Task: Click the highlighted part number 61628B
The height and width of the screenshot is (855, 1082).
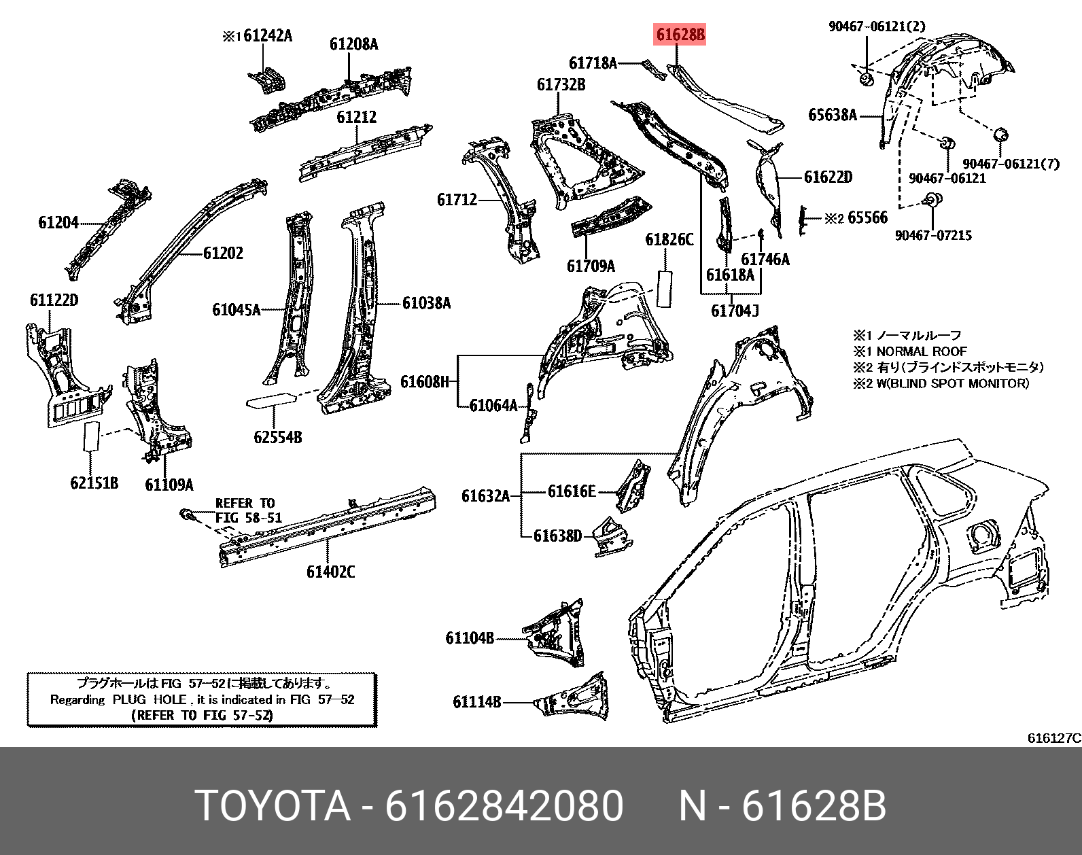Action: pos(680,34)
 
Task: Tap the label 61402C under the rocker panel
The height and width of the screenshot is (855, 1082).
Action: pos(330,572)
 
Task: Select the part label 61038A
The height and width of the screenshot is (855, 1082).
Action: pos(426,303)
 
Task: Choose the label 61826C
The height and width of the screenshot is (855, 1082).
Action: pos(669,240)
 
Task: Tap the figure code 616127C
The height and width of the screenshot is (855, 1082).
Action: pos(1053,738)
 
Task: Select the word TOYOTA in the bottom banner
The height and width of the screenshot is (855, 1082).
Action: pos(273,806)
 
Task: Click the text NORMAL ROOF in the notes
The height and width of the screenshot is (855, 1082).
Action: pos(921,351)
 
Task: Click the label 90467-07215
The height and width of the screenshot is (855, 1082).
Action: pos(933,236)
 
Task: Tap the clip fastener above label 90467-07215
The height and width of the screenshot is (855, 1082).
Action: pos(933,200)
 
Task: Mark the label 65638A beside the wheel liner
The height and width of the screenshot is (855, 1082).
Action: pos(832,115)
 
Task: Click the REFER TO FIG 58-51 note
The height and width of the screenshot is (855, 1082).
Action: pos(247,510)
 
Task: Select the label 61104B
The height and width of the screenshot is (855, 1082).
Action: pos(470,638)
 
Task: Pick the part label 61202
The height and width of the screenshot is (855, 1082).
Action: pos(223,254)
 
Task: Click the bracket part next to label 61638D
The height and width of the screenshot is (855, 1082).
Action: pos(612,536)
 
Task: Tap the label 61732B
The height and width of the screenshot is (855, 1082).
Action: pos(561,85)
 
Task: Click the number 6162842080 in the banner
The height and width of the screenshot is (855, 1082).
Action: pos(504,806)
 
